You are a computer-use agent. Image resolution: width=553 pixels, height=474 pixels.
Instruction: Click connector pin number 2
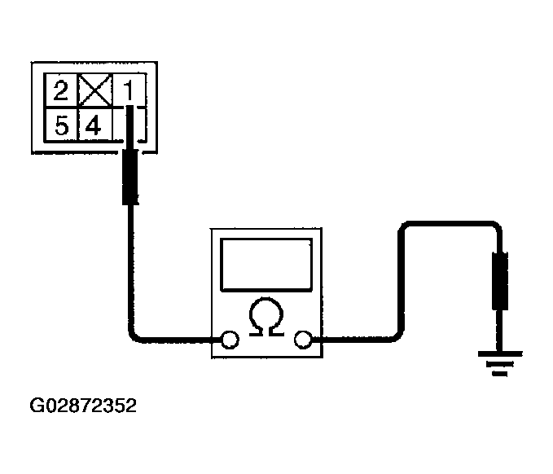tap(60, 90)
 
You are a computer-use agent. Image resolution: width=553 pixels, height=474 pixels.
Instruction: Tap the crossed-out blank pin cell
tap(94, 90)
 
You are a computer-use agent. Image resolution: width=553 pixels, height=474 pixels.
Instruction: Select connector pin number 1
tap(129, 90)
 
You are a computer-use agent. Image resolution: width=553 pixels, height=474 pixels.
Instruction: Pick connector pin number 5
tap(61, 125)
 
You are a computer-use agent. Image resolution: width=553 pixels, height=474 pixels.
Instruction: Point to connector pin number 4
tap(93, 126)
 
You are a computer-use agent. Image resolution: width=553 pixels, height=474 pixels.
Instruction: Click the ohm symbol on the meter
tap(266, 316)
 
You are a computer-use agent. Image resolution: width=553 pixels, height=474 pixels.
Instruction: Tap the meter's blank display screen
tap(266, 265)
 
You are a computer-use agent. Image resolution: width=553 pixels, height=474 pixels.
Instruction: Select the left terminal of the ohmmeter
tap(230, 340)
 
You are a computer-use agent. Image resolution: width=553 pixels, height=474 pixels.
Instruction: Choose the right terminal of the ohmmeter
tap(303, 340)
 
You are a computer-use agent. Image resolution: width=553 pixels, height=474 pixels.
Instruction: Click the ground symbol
tap(499, 363)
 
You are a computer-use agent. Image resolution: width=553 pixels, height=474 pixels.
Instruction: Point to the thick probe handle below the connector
tap(130, 177)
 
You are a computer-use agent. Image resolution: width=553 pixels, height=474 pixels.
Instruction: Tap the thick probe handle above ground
tap(500, 281)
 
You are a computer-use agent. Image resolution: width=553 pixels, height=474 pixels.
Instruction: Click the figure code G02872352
tap(83, 406)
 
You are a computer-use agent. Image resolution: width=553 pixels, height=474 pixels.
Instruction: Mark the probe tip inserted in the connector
tap(129, 127)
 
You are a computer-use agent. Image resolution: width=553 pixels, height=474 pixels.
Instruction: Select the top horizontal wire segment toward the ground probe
tap(452, 224)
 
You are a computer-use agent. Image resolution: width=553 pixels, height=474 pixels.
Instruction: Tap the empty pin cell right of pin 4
tap(129, 125)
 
